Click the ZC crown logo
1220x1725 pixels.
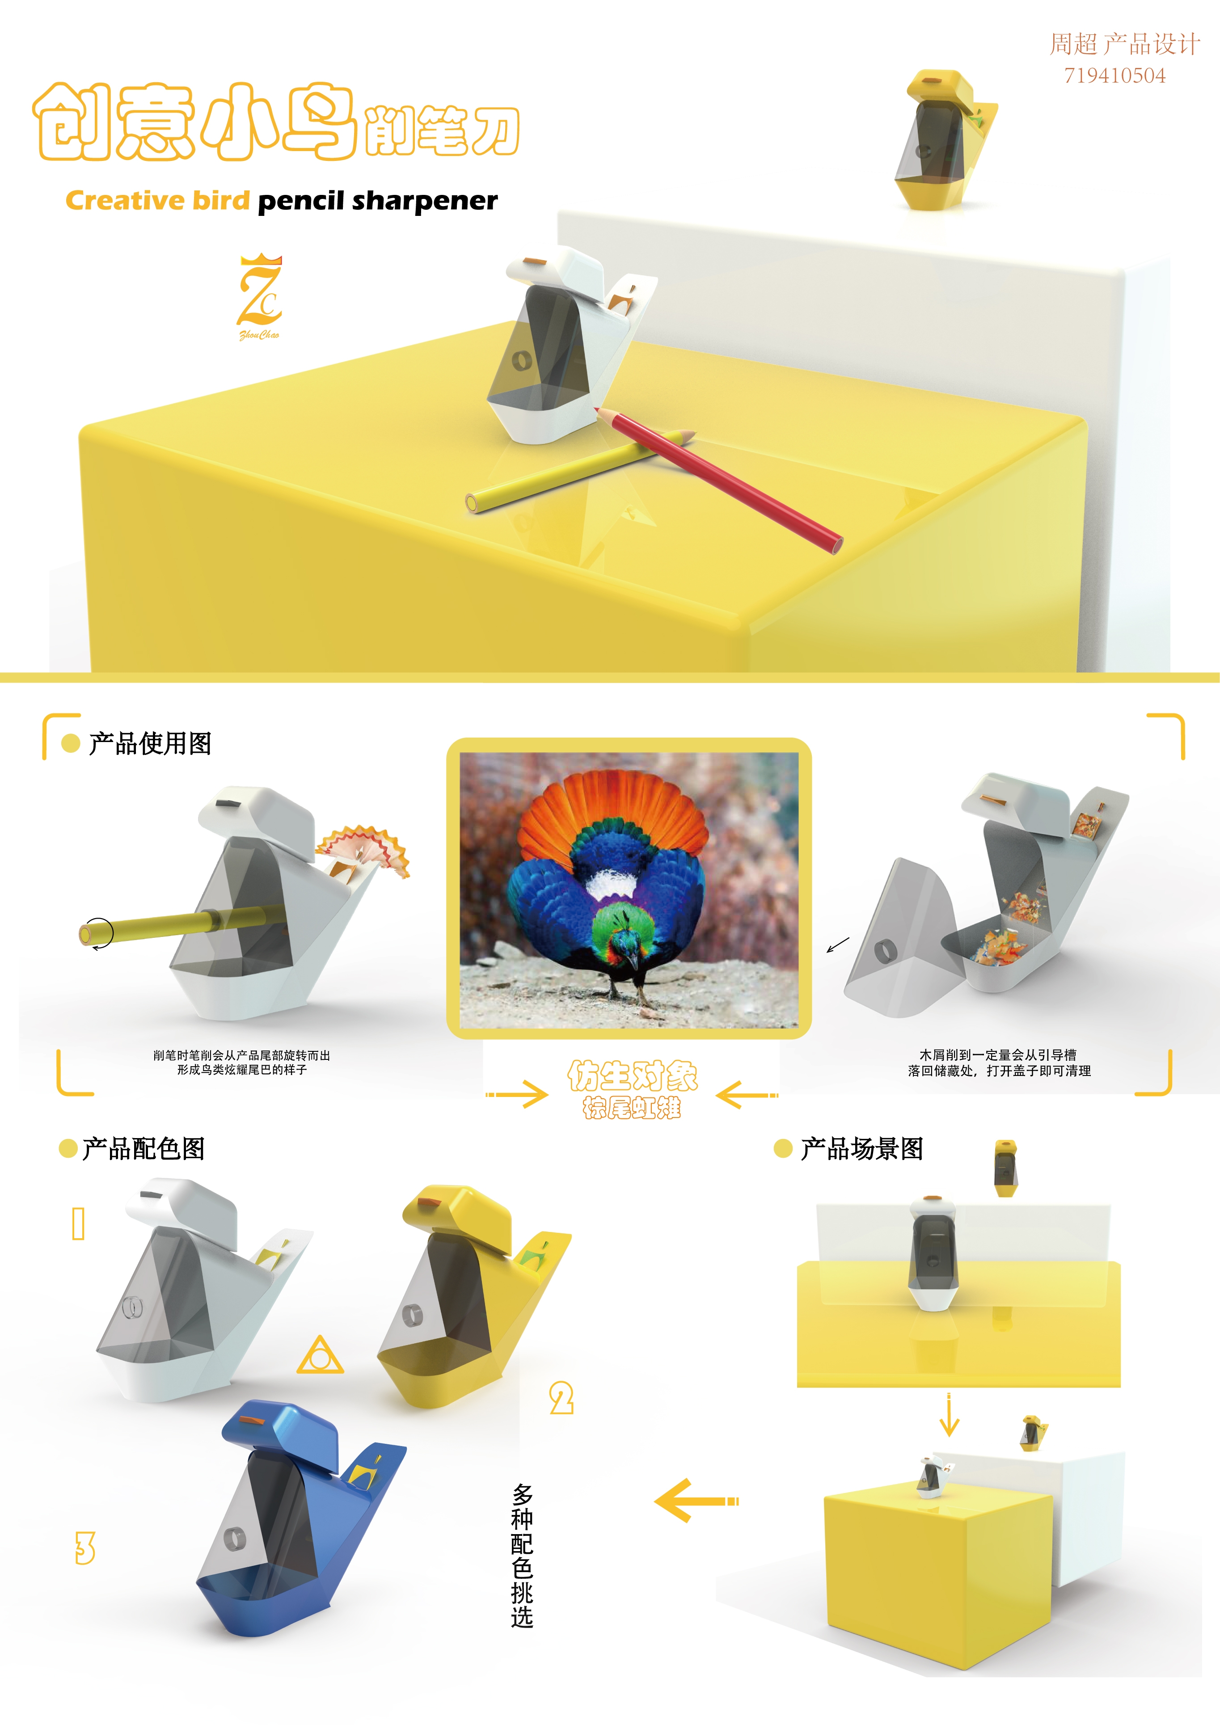260,295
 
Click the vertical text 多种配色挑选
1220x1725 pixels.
522,1555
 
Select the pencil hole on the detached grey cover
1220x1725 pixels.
885,951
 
